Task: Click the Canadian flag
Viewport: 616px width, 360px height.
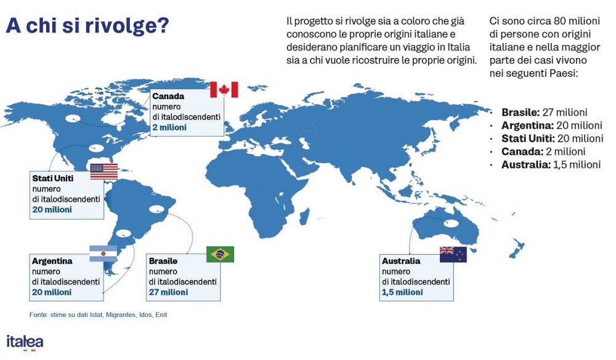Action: coord(224,89)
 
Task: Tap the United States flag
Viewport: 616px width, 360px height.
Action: coord(103,171)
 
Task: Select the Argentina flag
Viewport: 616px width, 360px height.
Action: coord(103,253)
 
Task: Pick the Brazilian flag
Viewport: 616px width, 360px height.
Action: coord(220,254)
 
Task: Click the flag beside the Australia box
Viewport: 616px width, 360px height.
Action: coord(453,254)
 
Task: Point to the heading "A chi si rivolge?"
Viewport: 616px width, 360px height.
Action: coord(87,27)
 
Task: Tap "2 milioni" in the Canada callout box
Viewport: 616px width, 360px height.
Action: coord(169,127)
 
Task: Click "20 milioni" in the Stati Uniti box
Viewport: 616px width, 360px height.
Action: coord(52,210)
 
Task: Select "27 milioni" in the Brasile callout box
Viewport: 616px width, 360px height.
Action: coord(168,292)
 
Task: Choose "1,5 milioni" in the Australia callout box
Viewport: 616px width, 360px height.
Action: coord(403,292)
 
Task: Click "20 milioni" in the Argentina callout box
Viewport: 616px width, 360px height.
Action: coord(52,292)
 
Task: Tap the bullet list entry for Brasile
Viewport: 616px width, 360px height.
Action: coord(544,112)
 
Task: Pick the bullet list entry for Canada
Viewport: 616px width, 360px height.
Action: coord(543,152)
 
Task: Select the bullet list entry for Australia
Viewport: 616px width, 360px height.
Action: coord(550,165)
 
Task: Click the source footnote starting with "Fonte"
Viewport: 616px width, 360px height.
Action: coord(98,315)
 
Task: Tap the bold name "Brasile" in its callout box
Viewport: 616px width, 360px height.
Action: coord(163,261)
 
